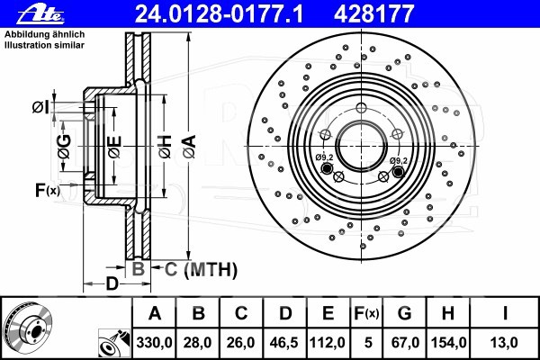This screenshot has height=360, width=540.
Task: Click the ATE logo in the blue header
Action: pyautogui.click(x=40, y=14)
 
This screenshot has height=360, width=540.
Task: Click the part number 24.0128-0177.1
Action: pyautogui.click(x=219, y=14)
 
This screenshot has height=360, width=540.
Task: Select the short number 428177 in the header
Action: pyautogui.click(x=373, y=14)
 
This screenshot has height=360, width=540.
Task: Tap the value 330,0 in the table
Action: pyautogui.click(x=154, y=343)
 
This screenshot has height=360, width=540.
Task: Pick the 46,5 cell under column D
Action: pyautogui.click(x=284, y=343)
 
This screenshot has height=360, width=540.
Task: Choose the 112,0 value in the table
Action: pyautogui.click(x=328, y=343)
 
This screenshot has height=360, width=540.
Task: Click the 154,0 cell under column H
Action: pyautogui.click(x=449, y=343)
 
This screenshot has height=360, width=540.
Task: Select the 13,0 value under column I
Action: pyautogui.click(x=505, y=343)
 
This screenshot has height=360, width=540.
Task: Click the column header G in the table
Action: pyautogui.click(x=404, y=313)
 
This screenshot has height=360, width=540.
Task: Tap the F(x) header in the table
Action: pyautogui.click(x=366, y=313)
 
